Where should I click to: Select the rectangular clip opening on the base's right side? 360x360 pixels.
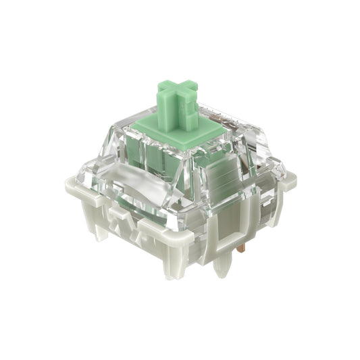(228, 224)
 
